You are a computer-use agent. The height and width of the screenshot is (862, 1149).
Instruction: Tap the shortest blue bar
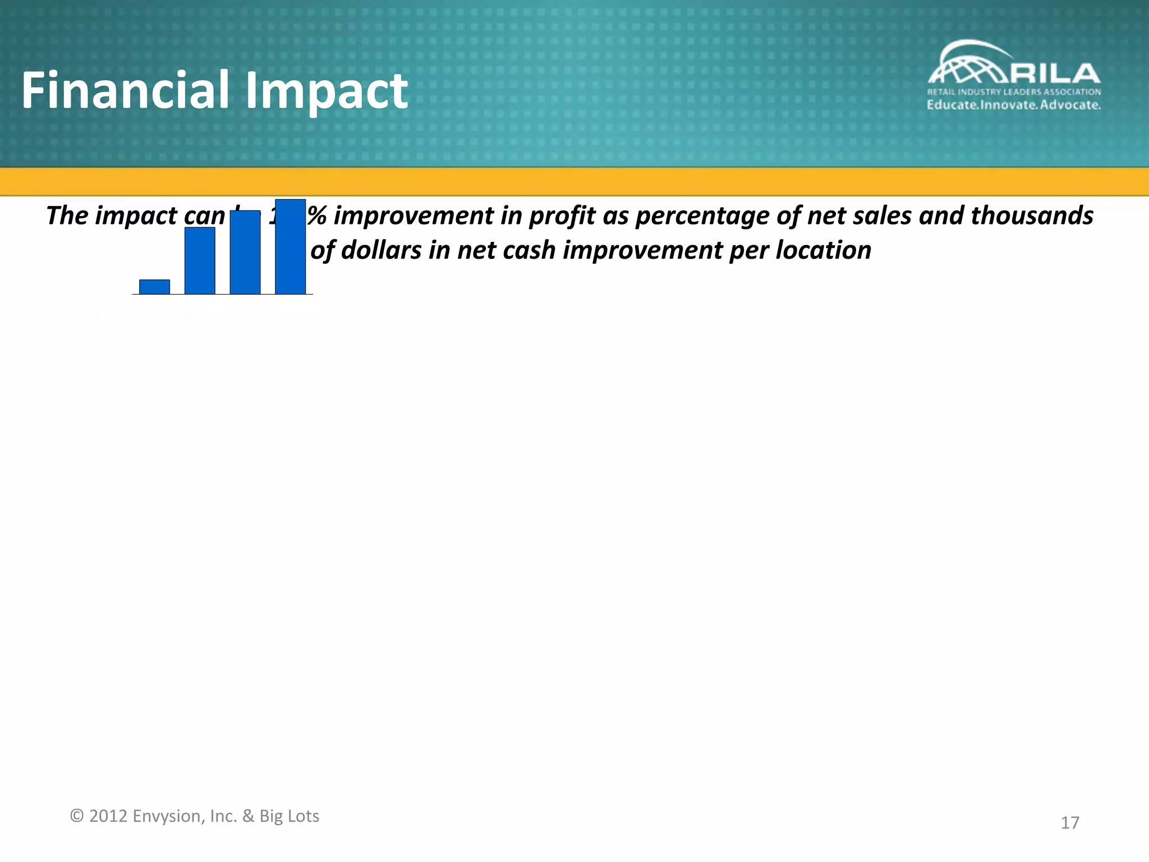154,287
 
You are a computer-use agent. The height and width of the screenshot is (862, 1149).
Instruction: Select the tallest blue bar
290,247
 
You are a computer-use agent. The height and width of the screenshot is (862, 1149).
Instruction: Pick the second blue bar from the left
200,260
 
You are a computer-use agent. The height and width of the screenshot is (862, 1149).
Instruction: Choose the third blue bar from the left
245,253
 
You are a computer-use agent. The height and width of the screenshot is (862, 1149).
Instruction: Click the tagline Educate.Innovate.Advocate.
1013,105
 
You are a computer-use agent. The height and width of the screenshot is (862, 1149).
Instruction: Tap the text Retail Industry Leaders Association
1013,92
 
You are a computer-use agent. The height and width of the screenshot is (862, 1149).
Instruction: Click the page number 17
1069,823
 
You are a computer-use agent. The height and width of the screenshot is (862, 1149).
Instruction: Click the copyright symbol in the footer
76,816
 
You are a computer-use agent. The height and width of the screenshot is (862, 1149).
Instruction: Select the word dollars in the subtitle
381,250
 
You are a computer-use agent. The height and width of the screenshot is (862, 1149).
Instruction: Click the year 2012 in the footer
108,816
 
